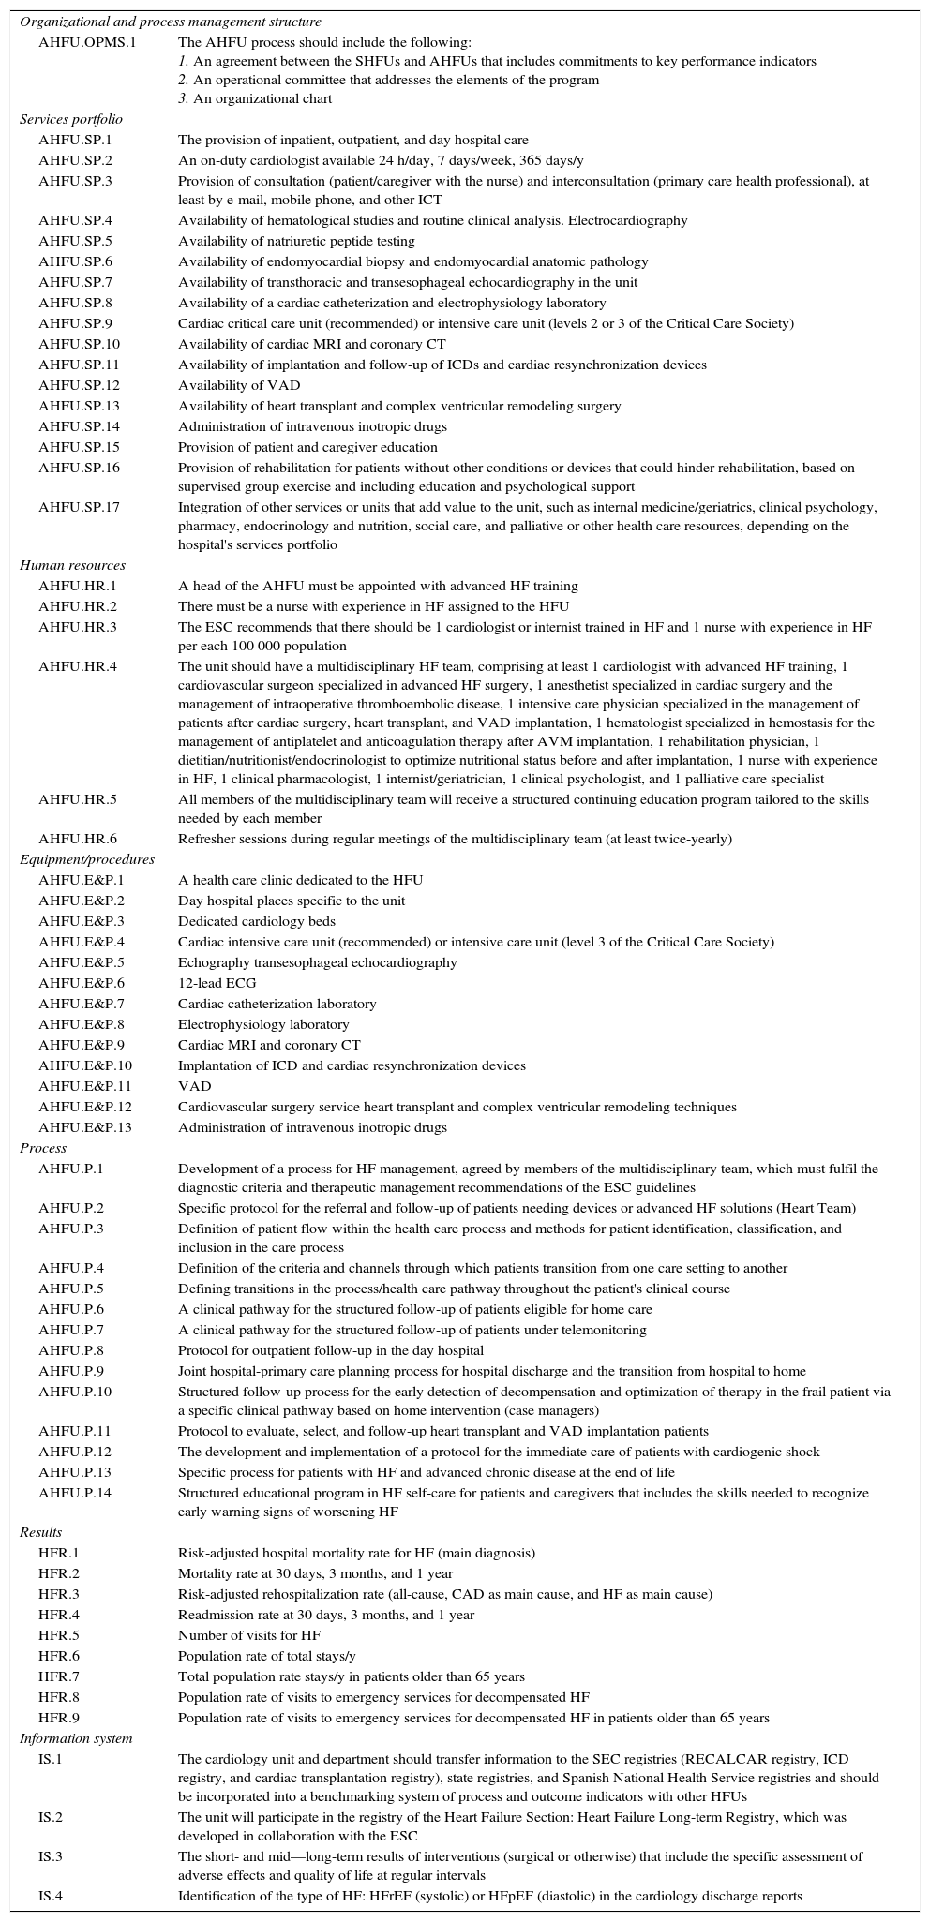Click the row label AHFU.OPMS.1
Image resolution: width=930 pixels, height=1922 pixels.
86,42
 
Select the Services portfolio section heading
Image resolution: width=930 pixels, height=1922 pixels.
71,119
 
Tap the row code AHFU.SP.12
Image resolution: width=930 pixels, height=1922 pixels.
80,385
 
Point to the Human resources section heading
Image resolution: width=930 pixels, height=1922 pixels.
72,565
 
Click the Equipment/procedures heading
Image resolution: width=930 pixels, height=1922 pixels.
87,859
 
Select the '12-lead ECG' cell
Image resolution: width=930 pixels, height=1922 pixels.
217,983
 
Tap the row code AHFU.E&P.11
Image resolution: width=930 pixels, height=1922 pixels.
85,1086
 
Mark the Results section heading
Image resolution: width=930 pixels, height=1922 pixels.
40,1532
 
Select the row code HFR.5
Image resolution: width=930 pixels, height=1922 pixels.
59,1635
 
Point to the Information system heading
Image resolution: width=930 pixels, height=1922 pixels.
76,1738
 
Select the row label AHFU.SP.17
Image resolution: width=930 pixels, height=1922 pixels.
80,507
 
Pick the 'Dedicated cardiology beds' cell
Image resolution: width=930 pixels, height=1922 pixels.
256,921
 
